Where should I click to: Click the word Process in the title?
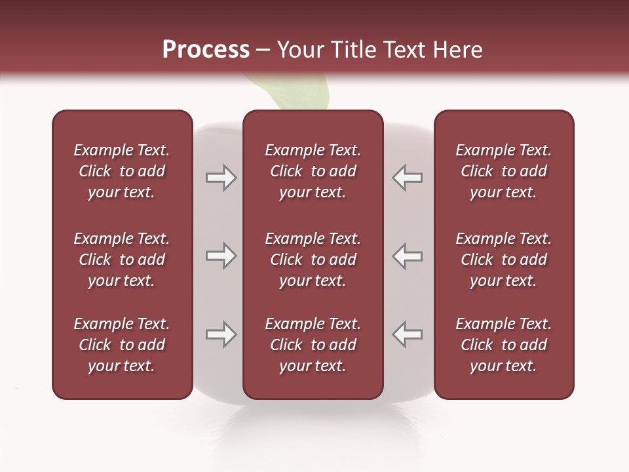(206, 50)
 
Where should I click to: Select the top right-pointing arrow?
(221, 178)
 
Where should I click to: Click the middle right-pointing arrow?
(221, 256)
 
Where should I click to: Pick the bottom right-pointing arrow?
(221, 334)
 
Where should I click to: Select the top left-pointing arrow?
(407, 178)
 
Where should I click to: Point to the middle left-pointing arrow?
(407, 256)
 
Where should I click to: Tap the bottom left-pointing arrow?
(407, 334)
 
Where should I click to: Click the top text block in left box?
(122, 171)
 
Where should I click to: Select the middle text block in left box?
(122, 260)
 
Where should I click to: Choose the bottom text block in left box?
(122, 345)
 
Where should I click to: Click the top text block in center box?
(313, 171)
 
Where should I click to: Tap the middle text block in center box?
(313, 260)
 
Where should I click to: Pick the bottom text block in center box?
(313, 345)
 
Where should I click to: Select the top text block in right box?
(504, 171)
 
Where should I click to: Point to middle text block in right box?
(504, 260)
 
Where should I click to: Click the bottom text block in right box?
(504, 345)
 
